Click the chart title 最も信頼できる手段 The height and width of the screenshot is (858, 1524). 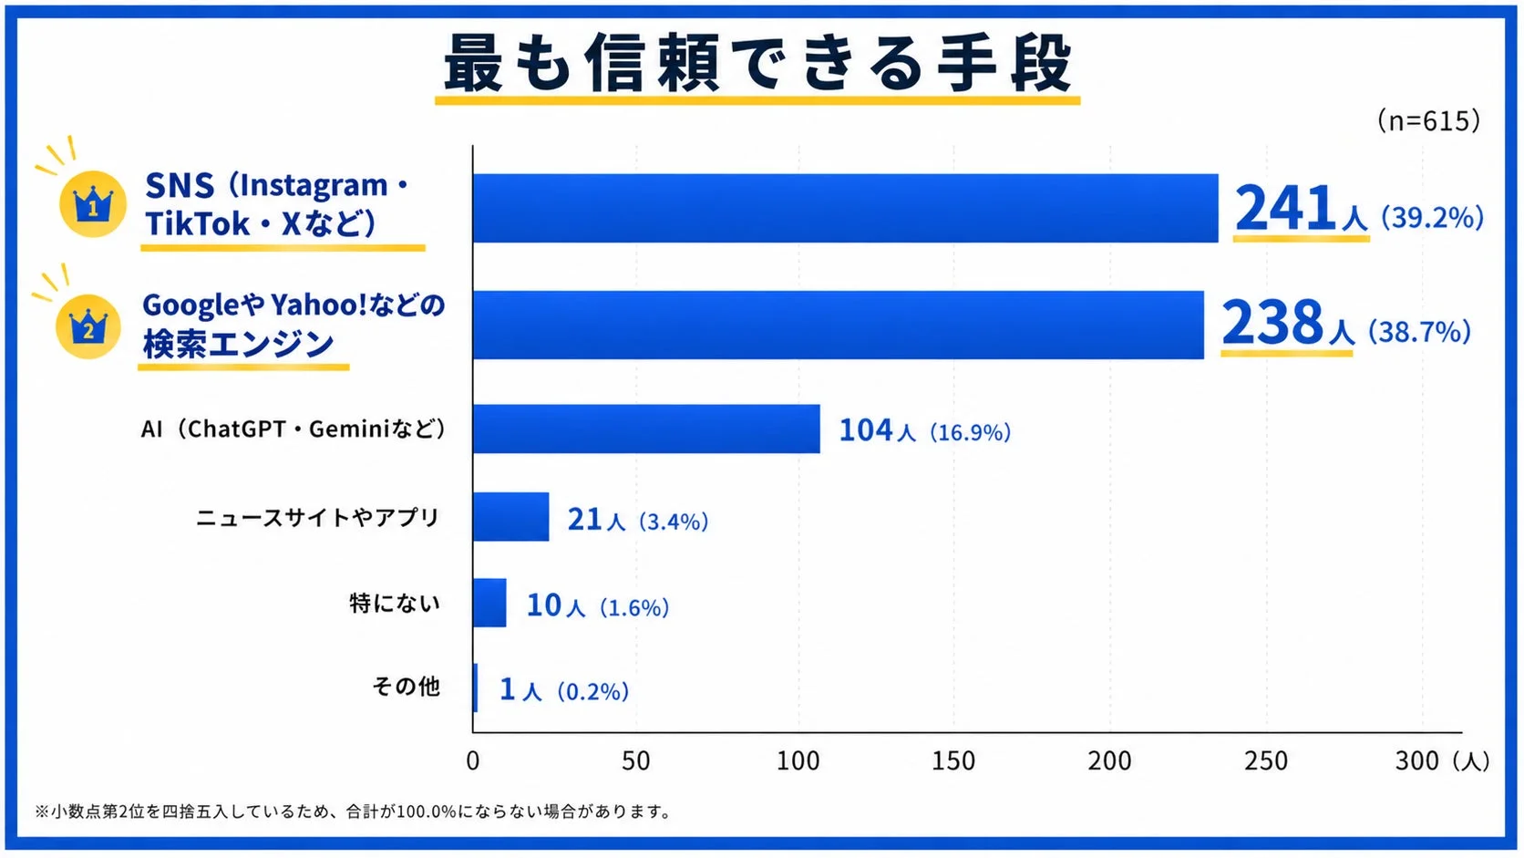(x=757, y=64)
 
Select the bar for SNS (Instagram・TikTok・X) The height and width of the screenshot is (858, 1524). (x=845, y=209)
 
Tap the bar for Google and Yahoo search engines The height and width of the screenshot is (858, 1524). (x=838, y=325)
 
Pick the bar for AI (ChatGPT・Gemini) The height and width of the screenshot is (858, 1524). (x=646, y=429)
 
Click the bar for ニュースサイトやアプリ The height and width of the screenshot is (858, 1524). (x=510, y=517)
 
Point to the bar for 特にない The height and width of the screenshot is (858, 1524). (x=489, y=603)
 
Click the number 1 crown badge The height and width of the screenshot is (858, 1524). (x=92, y=205)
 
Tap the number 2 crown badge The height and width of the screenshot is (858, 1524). (x=88, y=326)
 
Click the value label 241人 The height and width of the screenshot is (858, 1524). (x=1300, y=210)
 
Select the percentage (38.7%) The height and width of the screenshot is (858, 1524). (x=1419, y=331)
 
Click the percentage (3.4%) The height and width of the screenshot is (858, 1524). (x=673, y=522)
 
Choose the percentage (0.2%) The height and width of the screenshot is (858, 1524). (x=592, y=691)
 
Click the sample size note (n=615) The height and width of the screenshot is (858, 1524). (x=1428, y=120)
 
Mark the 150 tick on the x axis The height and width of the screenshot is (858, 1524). (x=953, y=760)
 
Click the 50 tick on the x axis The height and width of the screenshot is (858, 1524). (x=635, y=760)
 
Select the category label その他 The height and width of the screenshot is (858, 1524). (x=406, y=686)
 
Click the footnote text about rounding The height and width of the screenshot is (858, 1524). (x=354, y=811)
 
